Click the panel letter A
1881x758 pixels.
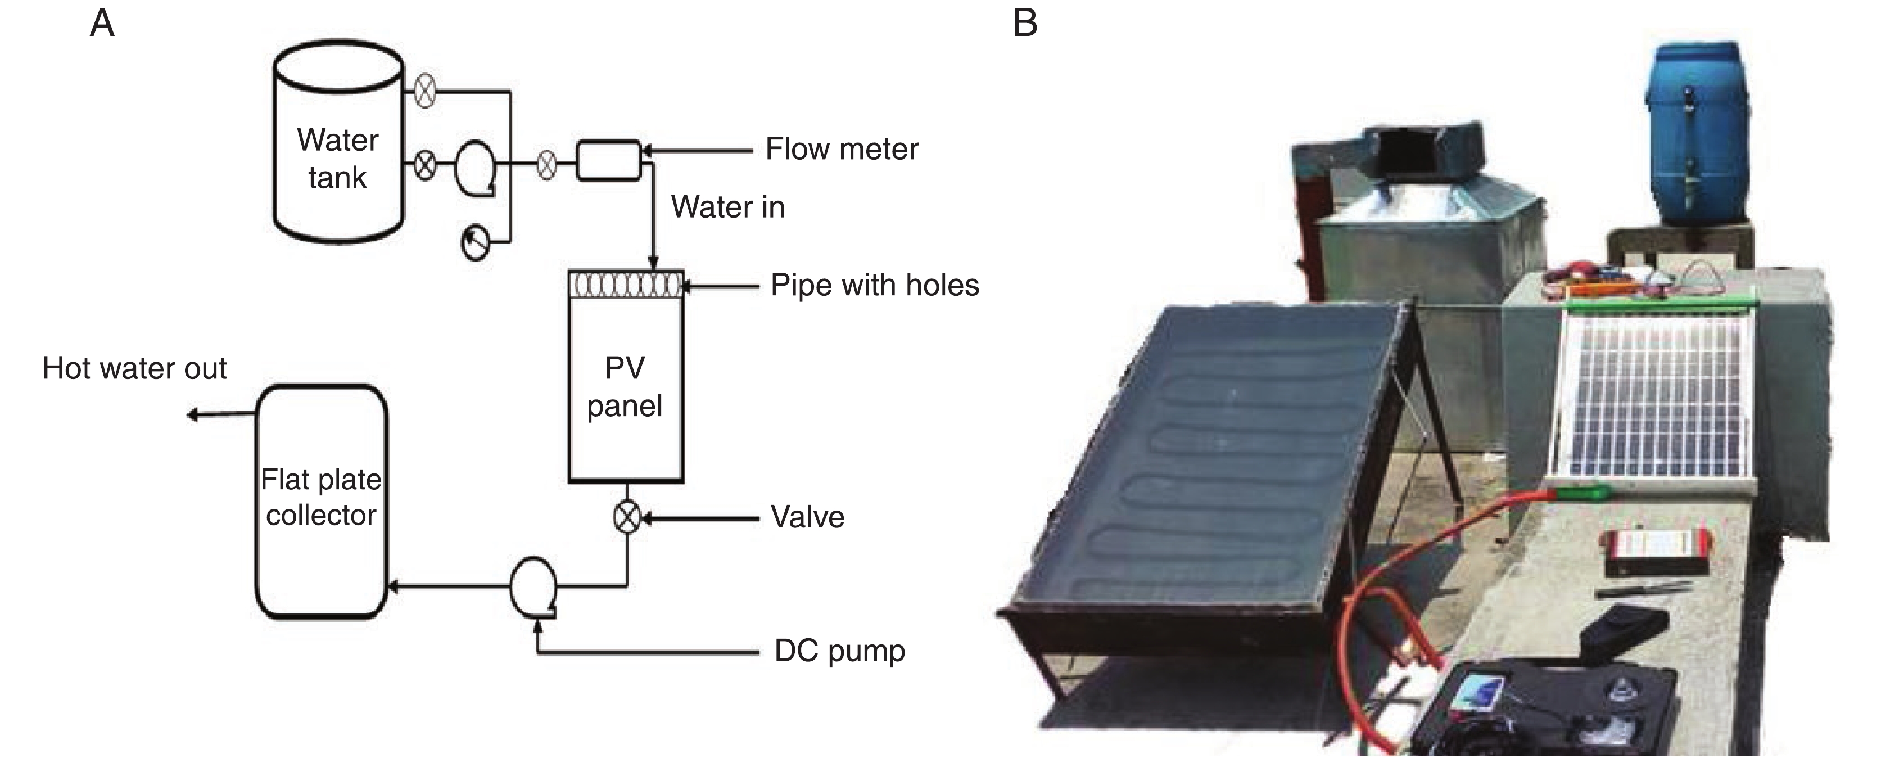pyautogui.click(x=102, y=24)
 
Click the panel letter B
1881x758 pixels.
pyautogui.click(x=1025, y=24)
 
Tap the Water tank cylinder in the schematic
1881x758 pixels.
pyautogui.click(x=337, y=142)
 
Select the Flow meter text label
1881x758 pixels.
pyautogui.click(x=841, y=149)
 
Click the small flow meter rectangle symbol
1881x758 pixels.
pyautogui.click(x=608, y=160)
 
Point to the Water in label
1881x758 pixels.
pyautogui.click(x=727, y=207)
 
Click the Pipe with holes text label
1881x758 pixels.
pyautogui.click(x=874, y=285)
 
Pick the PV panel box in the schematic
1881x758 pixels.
pyautogui.click(x=626, y=387)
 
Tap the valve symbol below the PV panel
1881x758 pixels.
pyautogui.click(x=626, y=518)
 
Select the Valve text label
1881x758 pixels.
pyautogui.click(x=807, y=517)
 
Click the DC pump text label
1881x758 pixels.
pyautogui.click(x=839, y=650)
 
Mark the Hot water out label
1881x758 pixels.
pyautogui.click(x=134, y=368)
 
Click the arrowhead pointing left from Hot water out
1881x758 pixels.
pyautogui.click(x=192, y=415)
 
